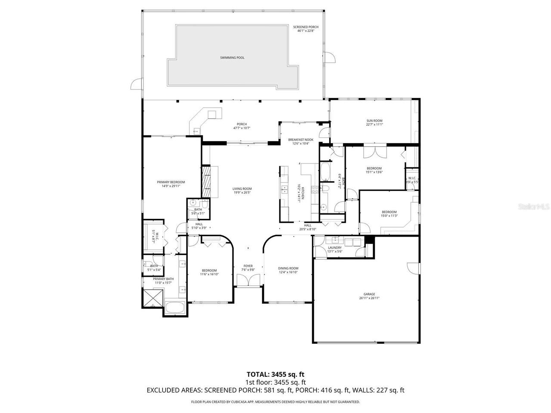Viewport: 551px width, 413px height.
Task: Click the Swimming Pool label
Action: (x=232, y=58)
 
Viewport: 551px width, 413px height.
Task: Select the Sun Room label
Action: (x=374, y=123)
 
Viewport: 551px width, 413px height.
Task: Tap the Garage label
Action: (x=369, y=296)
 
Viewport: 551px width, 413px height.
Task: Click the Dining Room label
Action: (x=288, y=270)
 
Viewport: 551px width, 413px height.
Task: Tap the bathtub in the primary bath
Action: (x=175, y=308)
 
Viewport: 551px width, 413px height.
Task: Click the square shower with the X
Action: (x=153, y=298)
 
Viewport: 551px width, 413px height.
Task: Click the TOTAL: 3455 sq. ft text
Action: (x=275, y=374)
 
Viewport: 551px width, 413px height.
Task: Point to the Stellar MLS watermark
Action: (x=533, y=206)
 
